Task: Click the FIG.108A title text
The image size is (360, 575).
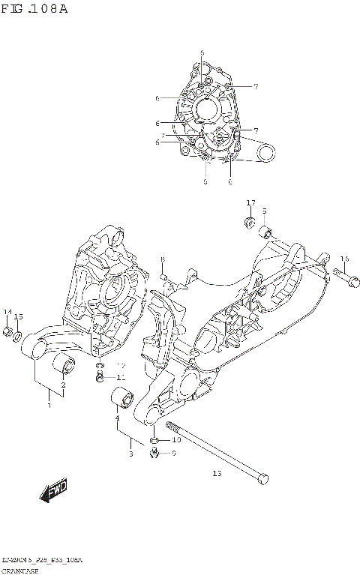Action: click(x=34, y=9)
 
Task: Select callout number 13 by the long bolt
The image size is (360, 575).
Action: click(x=217, y=473)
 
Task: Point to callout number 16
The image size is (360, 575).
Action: click(x=344, y=259)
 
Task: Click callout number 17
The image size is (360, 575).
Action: click(x=251, y=202)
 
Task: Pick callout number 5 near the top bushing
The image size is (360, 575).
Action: click(x=264, y=211)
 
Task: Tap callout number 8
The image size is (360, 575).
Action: click(x=162, y=259)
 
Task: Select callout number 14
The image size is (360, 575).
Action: click(x=7, y=312)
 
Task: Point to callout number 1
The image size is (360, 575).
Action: click(x=49, y=406)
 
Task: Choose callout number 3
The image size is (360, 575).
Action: click(x=130, y=454)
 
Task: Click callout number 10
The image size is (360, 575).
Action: click(x=176, y=439)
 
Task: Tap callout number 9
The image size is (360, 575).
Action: click(x=174, y=453)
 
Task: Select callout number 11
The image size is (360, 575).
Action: click(x=121, y=377)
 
